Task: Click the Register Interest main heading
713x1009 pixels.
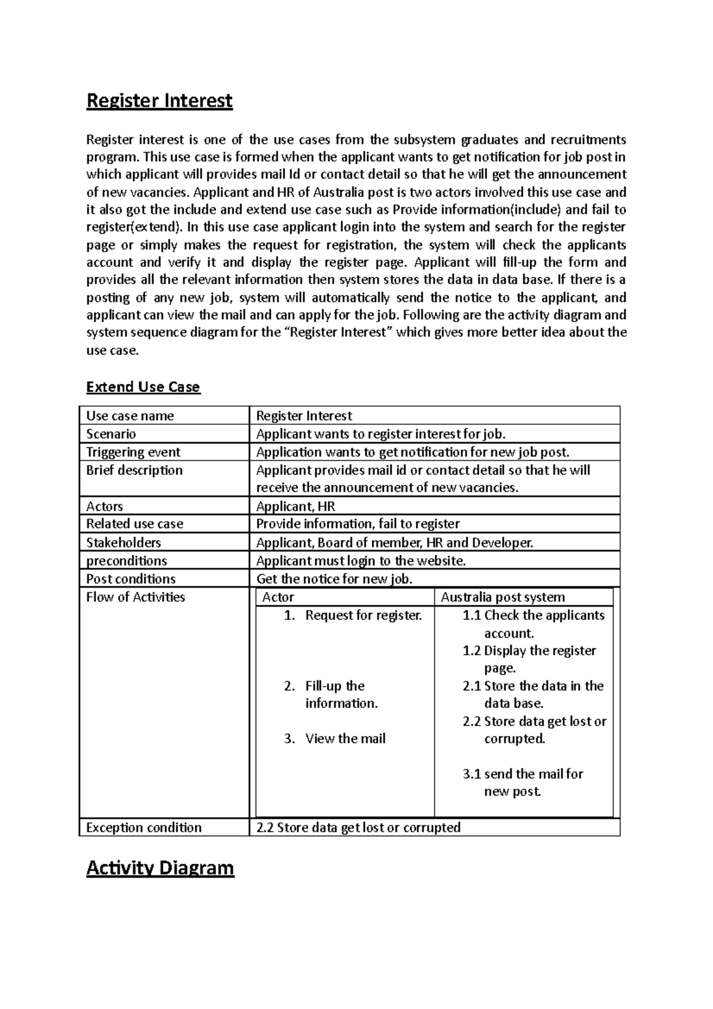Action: [x=159, y=100]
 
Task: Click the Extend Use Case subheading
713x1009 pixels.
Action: [x=143, y=387]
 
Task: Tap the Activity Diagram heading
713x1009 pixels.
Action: [x=160, y=868]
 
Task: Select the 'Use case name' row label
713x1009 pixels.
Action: [x=130, y=416]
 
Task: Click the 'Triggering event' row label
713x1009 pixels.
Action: [x=133, y=452]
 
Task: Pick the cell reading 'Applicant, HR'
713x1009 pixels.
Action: [x=295, y=506]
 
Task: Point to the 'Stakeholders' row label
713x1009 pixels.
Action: [x=124, y=543]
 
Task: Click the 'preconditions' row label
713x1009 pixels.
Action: [x=127, y=561]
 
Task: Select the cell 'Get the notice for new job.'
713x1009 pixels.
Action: [x=334, y=579]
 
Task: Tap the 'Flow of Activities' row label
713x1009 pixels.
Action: [x=135, y=597]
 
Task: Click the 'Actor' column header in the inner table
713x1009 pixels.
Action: [x=278, y=597]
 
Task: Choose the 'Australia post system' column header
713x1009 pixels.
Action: [x=503, y=597]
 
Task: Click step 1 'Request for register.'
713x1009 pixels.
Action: [x=363, y=616]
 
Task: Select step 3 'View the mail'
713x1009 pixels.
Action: [x=345, y=739]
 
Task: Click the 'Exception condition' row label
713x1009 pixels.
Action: [x=144, y=827]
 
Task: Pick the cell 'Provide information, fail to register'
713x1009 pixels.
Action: [x=358, y=524]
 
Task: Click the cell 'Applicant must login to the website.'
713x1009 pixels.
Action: [x=361, y=561]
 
